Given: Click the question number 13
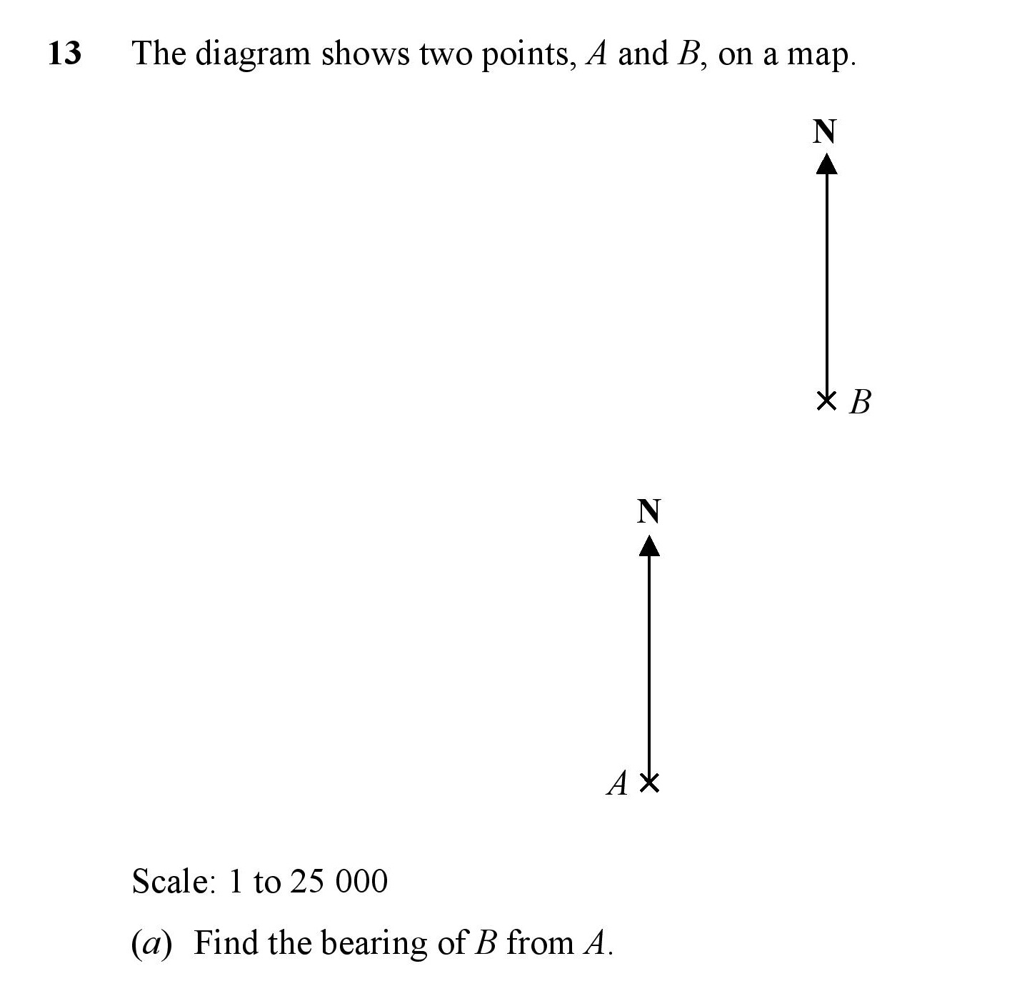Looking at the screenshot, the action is click(x=64, y=53).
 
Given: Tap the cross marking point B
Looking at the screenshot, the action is click(x=826, y=401).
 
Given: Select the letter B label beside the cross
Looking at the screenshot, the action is click(x=860, y=402).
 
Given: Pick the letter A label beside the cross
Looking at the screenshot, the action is click(x=618, y=783).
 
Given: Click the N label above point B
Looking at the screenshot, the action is click(x=824, y=131).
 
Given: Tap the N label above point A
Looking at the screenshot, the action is click(x=648, y=511).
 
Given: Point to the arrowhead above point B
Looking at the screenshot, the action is click(x=827, y=164).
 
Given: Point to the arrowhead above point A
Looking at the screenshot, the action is click(x=650, y=545).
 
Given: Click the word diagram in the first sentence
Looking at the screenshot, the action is click(x=253, y=55).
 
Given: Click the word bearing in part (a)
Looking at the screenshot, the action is click(x=374, y=943).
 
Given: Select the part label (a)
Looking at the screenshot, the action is click(x=151, y=943).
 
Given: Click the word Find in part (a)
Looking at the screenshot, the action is click(x=226, y=942).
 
